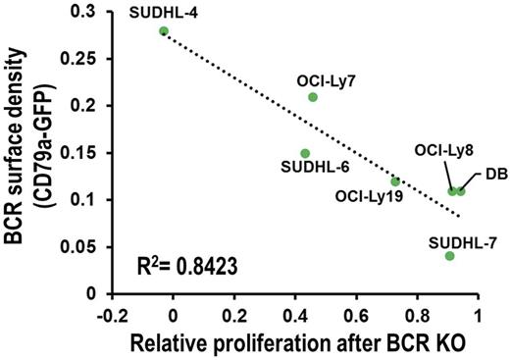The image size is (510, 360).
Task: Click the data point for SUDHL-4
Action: [x=164, y=31]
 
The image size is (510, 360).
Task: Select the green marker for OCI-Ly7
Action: [x=313, y=97]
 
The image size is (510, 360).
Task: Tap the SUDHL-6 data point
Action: [x=305, y=153]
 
